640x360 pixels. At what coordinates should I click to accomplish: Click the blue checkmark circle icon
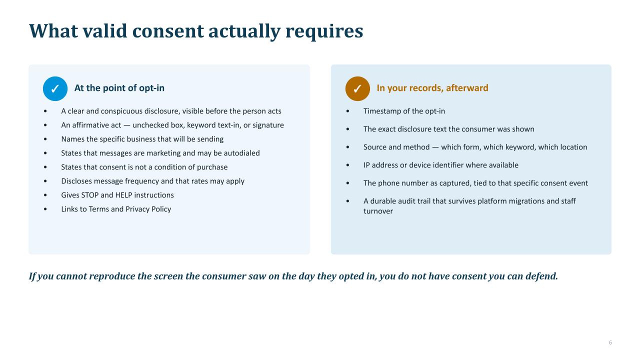[x=55, y=88]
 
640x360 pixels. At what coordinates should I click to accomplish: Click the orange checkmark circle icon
[x=357, y=88]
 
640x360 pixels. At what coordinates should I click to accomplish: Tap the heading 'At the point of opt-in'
[x=119, y=88]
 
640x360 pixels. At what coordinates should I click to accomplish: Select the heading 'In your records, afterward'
[x=432, y=88]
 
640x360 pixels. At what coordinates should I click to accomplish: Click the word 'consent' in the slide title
[x=168, y=31]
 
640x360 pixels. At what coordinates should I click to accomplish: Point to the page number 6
[x=610, y=342]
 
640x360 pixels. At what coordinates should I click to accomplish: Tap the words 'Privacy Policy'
[x=148, y=209]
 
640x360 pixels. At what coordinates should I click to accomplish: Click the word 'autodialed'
[x=241, y=153]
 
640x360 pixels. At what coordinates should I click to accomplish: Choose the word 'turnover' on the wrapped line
[x=378, y=211]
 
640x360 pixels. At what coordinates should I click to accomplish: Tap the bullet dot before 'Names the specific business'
[x=45, y=139]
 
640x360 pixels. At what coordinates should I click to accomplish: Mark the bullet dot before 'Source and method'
[x=347, y=147]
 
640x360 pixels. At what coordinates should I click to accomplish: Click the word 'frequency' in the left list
[x=142, y=181]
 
